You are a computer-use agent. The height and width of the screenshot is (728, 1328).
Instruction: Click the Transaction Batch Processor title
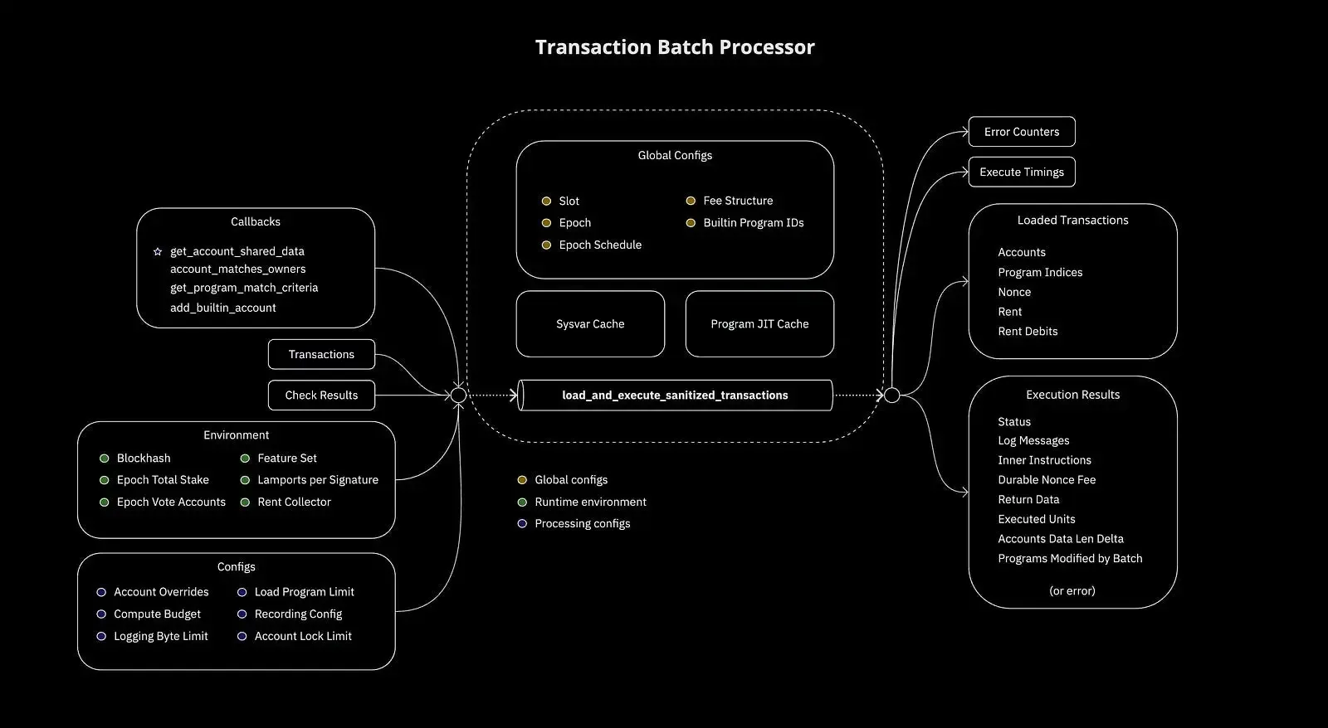coord(674,47)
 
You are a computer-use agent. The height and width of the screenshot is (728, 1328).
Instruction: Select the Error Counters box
coord(1021,132)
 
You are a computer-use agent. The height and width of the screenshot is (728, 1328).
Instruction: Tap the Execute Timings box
coord(1021,172)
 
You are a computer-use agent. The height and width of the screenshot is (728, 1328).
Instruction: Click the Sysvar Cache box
coord(590,324)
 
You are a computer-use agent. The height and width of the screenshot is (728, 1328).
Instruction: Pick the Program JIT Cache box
coord(759,324)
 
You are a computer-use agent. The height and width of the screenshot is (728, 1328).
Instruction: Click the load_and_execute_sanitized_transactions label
coord(675,396)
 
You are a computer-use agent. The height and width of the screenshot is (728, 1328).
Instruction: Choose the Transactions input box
coord(321,355)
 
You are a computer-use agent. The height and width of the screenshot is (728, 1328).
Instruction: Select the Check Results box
coord(321,396)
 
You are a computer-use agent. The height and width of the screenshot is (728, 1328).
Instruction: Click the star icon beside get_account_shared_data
coord(158,251)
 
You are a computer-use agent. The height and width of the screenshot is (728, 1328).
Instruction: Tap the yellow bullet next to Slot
coord(546,201)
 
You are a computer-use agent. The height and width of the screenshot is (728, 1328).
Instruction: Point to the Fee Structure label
coord(738,201)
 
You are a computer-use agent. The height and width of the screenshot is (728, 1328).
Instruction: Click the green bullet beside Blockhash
coord(104,459)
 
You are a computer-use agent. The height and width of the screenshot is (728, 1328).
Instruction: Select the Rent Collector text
coord(294,502)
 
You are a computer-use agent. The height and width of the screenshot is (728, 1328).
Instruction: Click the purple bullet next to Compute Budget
coord(101,614)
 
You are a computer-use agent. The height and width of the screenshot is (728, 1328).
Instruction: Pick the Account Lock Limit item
coord(303,637)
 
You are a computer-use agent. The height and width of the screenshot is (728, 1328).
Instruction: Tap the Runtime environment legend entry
coord(590,502)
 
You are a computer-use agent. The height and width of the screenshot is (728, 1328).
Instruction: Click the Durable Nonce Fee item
coord(1047,480)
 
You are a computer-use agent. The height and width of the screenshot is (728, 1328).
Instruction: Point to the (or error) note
coord(1072,591)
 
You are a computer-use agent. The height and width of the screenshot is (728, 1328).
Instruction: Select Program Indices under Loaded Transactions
coord(1040,273)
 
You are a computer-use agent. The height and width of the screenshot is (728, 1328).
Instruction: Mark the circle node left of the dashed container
coord(458,396)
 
